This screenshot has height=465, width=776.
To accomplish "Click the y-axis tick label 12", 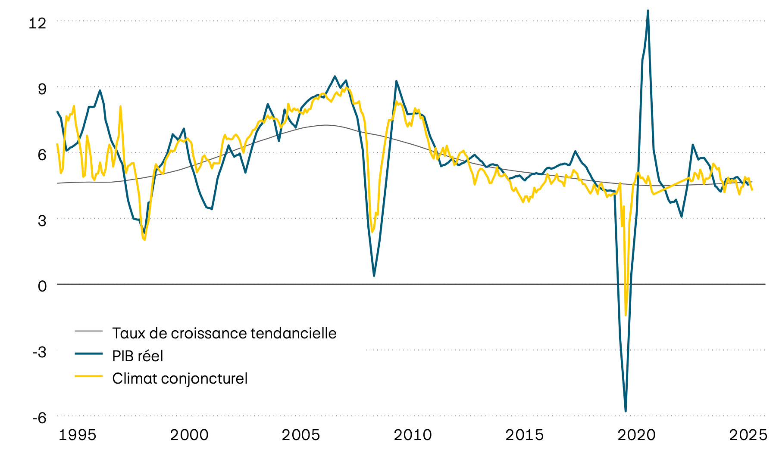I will [x=37, y=23].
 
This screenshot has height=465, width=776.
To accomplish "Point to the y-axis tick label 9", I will [x=42, y=89].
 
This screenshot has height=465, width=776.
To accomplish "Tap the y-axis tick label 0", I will [x=42, y=286].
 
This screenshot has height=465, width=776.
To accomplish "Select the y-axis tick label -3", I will [x=39, y=352].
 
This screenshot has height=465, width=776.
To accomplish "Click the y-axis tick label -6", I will [x=39, y=418].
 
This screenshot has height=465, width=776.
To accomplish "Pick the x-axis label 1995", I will [x=77, y=435].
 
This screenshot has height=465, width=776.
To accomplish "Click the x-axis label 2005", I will [x=301, y=435].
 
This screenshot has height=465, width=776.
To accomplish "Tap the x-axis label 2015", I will [x=524, y=435].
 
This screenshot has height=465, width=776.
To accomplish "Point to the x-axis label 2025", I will [x=748, y=435].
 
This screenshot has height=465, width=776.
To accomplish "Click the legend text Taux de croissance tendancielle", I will [x=224, y=333].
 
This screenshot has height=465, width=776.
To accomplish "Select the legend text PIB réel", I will [x=138, y=356].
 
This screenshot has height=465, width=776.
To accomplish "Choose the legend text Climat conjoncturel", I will [x=180, y=378].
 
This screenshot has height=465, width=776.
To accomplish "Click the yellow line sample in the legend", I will [x=89, y=376].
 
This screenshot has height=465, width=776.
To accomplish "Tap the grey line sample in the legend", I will [x=89, y=331].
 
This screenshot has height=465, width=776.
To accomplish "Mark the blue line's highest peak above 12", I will [x=648, y=11].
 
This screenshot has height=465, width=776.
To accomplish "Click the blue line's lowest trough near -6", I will [x=626, y=411].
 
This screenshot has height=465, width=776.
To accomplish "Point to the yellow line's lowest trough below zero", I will [x=626, y=315].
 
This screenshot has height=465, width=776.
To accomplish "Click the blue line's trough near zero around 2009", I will [x=374, y=276].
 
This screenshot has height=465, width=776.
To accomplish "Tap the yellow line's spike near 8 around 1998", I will [x=121, y=106].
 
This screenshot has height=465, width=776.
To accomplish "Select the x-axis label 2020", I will [x=636, y=435].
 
